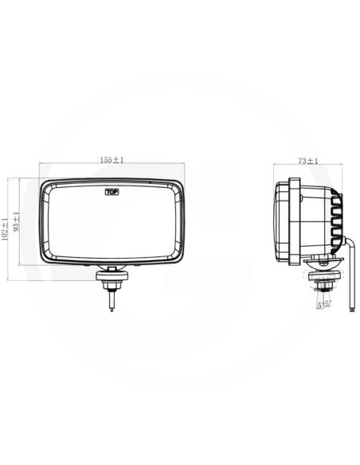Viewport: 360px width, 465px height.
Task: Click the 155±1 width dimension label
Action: pyautogui.click(x=112, y=160)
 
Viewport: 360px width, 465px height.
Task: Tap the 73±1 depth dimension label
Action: pyautogui.click(x=307, y=161)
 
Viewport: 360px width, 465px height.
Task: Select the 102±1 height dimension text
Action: pyautogui.click(x=6, y=229)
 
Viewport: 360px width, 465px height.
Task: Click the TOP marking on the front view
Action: pyautogui.click(x=112, y=191)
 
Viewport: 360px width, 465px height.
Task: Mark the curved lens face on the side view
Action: pyautogui.click(x=279, y=221)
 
